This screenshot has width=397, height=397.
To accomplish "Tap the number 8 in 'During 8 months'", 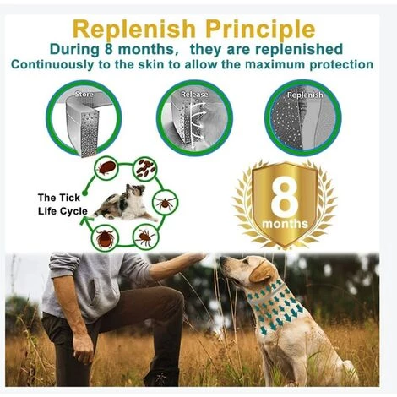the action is (108, 49).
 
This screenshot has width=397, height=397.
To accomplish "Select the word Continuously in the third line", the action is (52, 65).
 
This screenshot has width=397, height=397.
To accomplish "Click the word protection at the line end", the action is (341, 64).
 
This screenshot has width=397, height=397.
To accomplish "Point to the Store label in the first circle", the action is (84, 94).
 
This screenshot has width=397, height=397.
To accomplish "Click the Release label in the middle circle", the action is (194, 95).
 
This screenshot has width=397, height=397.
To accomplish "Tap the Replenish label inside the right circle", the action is (305, 95).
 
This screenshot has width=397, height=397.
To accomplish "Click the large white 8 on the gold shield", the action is (285, 195).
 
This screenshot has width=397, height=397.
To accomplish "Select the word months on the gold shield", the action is (285, 224).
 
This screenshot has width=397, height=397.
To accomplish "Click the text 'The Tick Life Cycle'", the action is (63, 204).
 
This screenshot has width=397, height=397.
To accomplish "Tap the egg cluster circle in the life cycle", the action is (145, 169).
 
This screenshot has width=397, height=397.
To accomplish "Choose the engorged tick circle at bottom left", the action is (105, 238).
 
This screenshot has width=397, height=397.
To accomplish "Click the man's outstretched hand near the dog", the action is (194, 258).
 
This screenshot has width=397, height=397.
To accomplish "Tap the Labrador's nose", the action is (222, 260).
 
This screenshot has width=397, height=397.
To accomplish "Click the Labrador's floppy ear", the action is (261, 272).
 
